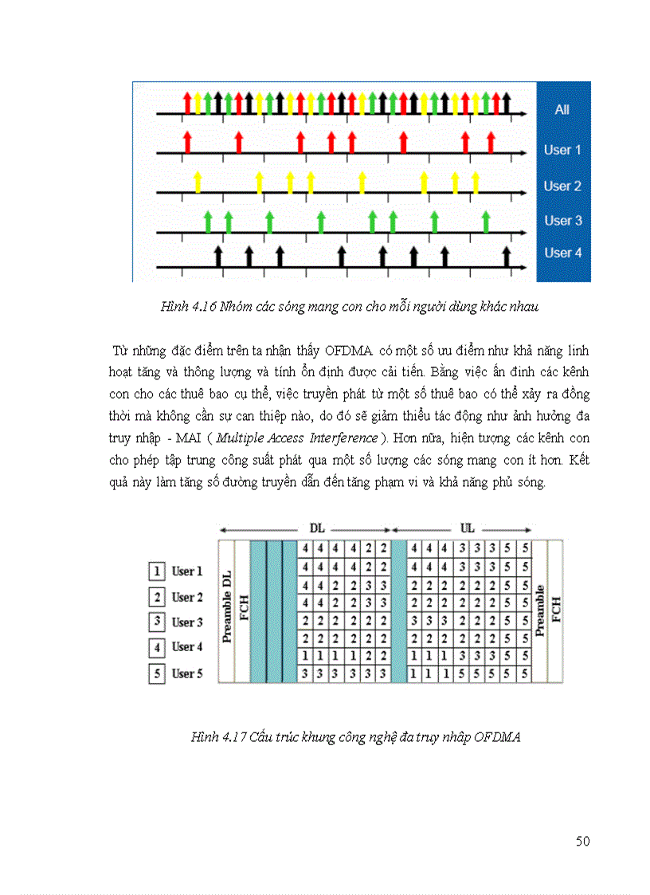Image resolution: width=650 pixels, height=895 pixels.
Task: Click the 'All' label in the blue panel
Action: pyautogui.click(x=562, y=110)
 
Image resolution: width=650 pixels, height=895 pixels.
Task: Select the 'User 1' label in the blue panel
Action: pyautogui.click(x=562, y=150)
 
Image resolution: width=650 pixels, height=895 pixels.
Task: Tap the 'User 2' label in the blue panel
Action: pyautogui.click(x=562, y=186)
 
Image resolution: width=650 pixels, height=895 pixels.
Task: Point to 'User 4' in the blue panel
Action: pyautogui.click(x=563, y=253)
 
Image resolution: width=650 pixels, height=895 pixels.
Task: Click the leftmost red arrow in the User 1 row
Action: pyautogui.click(x=187, y=143)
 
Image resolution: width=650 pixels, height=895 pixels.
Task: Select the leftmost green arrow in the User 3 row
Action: pyautogui.click(x=207, y=221)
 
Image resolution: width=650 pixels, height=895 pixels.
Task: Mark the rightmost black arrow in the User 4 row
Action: pyautogui.click(x=506, y=257)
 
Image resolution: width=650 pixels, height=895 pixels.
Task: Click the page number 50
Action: pyautogui.click(x=582, y=842)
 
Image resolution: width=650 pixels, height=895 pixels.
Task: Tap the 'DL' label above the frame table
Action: pyautogui.click(x=317, y=528)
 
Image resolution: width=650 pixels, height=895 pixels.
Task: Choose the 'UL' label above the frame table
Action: pyautogui.click(x=468, y=528)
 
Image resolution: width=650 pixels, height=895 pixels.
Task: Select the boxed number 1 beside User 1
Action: pyautogui.click(x=158, y=571)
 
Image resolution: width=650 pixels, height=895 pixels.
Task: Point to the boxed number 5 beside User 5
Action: pyautogui.click(x=158, y=674)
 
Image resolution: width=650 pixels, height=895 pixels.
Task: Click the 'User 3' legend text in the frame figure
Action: pyautogui.click(x=187, y=622)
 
